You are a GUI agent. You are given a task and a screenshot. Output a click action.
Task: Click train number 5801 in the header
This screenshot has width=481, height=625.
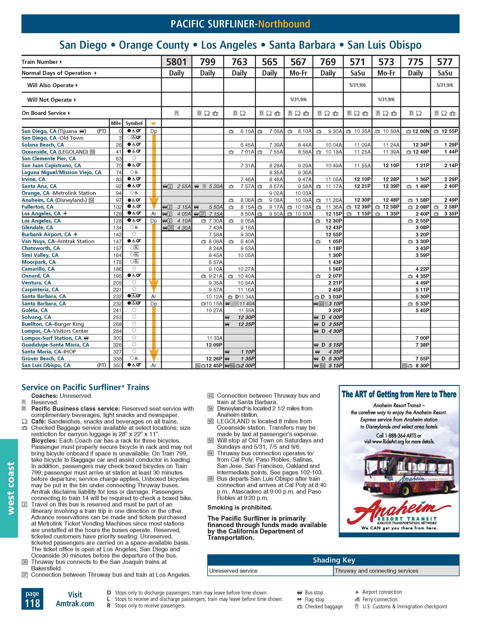(176, 62)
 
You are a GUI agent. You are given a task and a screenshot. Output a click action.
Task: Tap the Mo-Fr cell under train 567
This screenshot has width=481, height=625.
(298, 73)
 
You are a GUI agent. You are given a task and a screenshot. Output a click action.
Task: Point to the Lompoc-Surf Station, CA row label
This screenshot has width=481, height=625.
(52, 338)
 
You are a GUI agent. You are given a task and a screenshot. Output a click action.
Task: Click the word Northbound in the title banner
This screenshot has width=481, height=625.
(284, 24)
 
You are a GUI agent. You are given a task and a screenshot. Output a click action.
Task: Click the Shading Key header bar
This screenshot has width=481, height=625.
(333, 560)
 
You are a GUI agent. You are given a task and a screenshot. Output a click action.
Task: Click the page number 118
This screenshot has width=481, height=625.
(32, 603)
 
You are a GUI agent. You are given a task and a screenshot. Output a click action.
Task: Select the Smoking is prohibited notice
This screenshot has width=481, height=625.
(240, 507)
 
